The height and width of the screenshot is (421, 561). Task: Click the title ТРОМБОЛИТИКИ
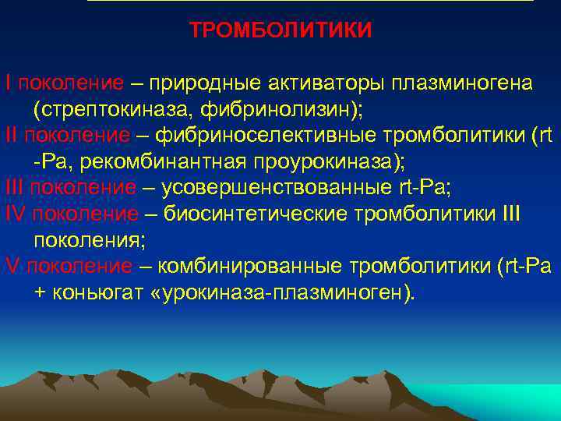(x=281, y=30)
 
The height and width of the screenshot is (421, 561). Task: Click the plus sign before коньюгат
(x=41, y=294)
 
